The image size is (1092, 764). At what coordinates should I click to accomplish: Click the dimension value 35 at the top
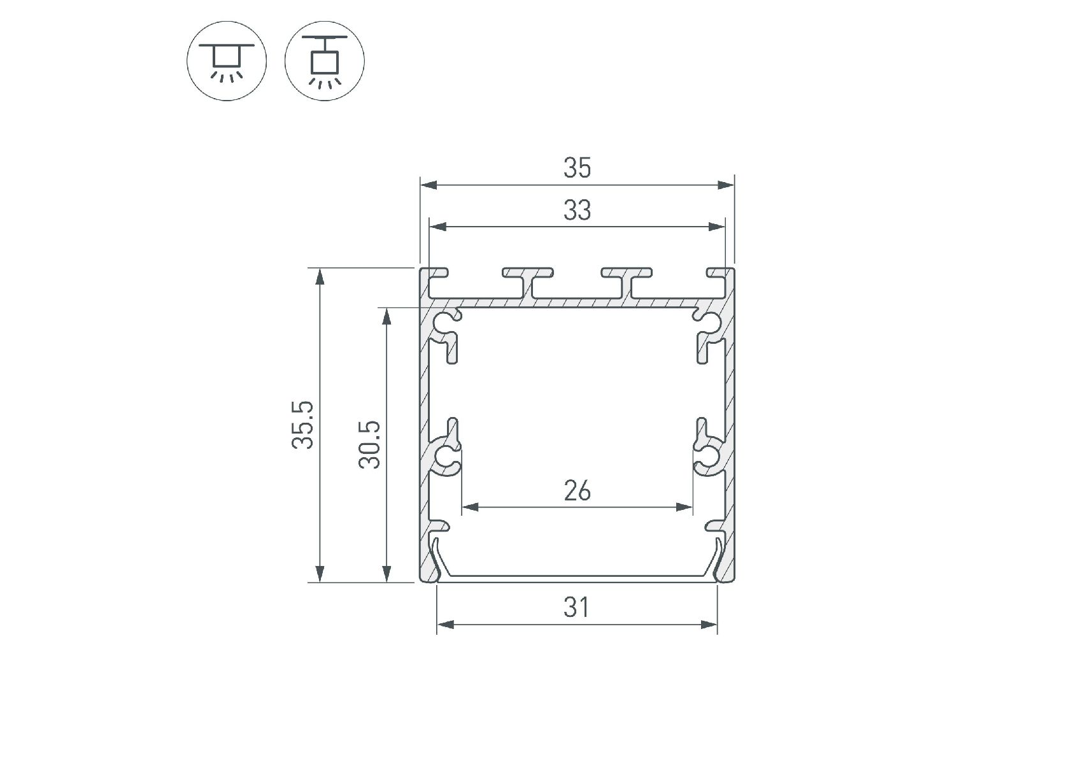pyautogui.click(x=577, y=168)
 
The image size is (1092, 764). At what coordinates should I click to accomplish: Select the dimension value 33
pyautogui.click(x=577, y=211)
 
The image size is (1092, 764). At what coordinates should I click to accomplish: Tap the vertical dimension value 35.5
pyautogui.click(x=304, y=425)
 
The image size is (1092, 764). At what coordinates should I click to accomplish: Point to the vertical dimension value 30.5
pyautogui.click(x=370, y=444)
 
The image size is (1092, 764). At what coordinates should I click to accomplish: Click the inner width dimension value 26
pyautogui.click(x=577, y=492)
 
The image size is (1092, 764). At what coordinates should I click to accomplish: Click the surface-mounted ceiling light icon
pyautogui.click(x=227, y=61)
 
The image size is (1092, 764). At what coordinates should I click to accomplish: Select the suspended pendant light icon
pyautogui.click(x=325, y=61)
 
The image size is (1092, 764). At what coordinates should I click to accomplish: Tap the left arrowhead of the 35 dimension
pyautogui.click(x=429, y=185)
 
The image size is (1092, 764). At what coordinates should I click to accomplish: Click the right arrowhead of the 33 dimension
pyautogui.click(x=716, y=227)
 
